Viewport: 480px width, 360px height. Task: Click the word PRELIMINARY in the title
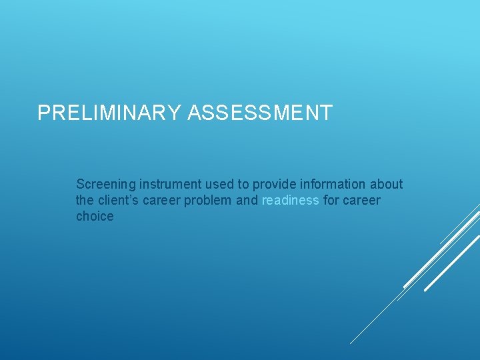click(x=109, y=113)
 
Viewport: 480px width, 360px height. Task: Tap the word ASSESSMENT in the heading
click(x=259, y=113)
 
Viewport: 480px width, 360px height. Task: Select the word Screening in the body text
click(x=106, y=184)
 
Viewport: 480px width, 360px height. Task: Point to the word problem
click(x=209, y=200)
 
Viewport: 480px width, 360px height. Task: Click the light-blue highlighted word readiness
click(x=291, y=200)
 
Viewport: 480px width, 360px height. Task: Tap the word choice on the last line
click(x=95, y=216)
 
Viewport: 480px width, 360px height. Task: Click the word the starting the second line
click(x=85, y=200)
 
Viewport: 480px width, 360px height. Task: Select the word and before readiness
click(x=247, y=200)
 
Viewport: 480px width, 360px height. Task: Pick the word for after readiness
click(x=331, y=200)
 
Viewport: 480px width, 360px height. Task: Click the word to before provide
click(x=243, y=184)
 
